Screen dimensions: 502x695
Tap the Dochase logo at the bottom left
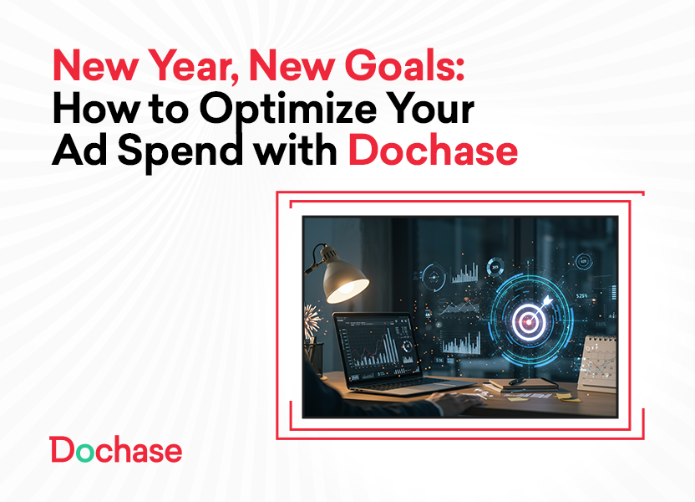(115, 450)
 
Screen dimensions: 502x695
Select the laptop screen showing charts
(373, 350)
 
